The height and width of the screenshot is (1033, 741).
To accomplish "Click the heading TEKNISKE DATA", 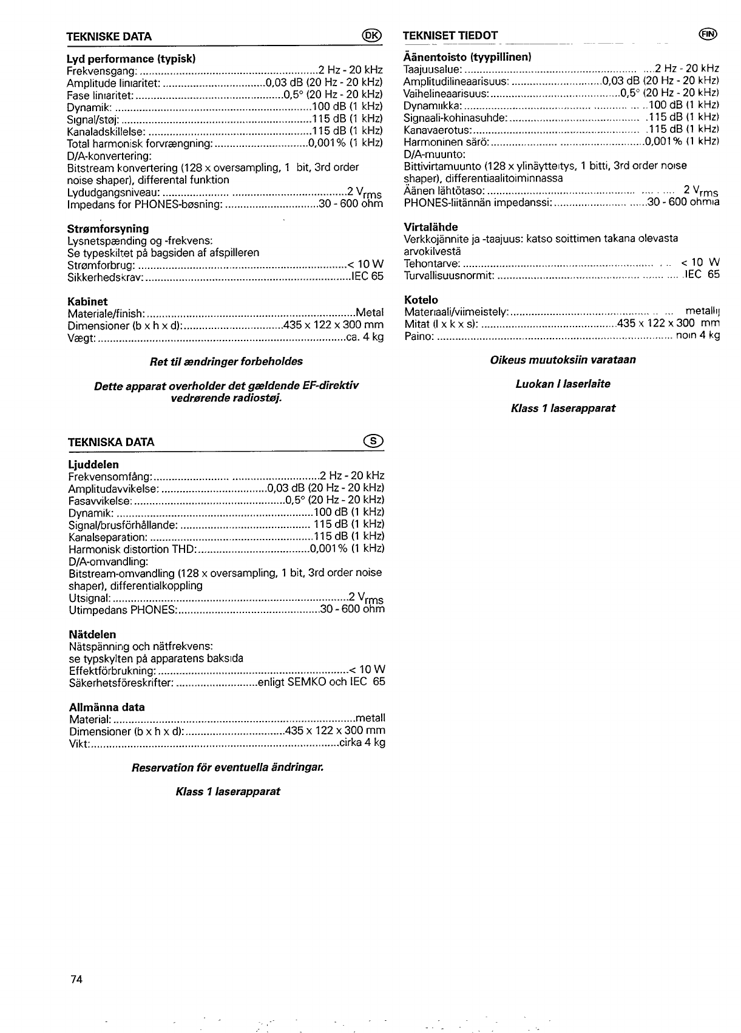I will (x=109, y=36).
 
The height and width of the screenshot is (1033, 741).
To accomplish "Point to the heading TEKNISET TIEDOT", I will (x=450, y=35).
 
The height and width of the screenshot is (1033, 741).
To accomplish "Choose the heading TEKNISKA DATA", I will (x=111, y=442).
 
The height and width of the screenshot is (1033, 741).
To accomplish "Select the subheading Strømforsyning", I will (x=107, y=229).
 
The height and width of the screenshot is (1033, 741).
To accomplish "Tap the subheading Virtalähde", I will (x=431, y=227).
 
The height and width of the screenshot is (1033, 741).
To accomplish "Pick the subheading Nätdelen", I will (x=92, y=634).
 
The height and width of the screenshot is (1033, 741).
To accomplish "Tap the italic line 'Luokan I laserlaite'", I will (x=563, y=384).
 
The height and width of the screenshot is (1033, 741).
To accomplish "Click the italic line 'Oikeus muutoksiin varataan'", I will (x=563, y=360).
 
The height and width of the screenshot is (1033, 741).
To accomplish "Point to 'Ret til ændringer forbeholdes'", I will (x=226, y=362).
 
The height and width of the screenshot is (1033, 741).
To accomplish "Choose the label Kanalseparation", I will (x=108, y=537).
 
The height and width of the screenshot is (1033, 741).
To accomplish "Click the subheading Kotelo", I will (x=421, y=300).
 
